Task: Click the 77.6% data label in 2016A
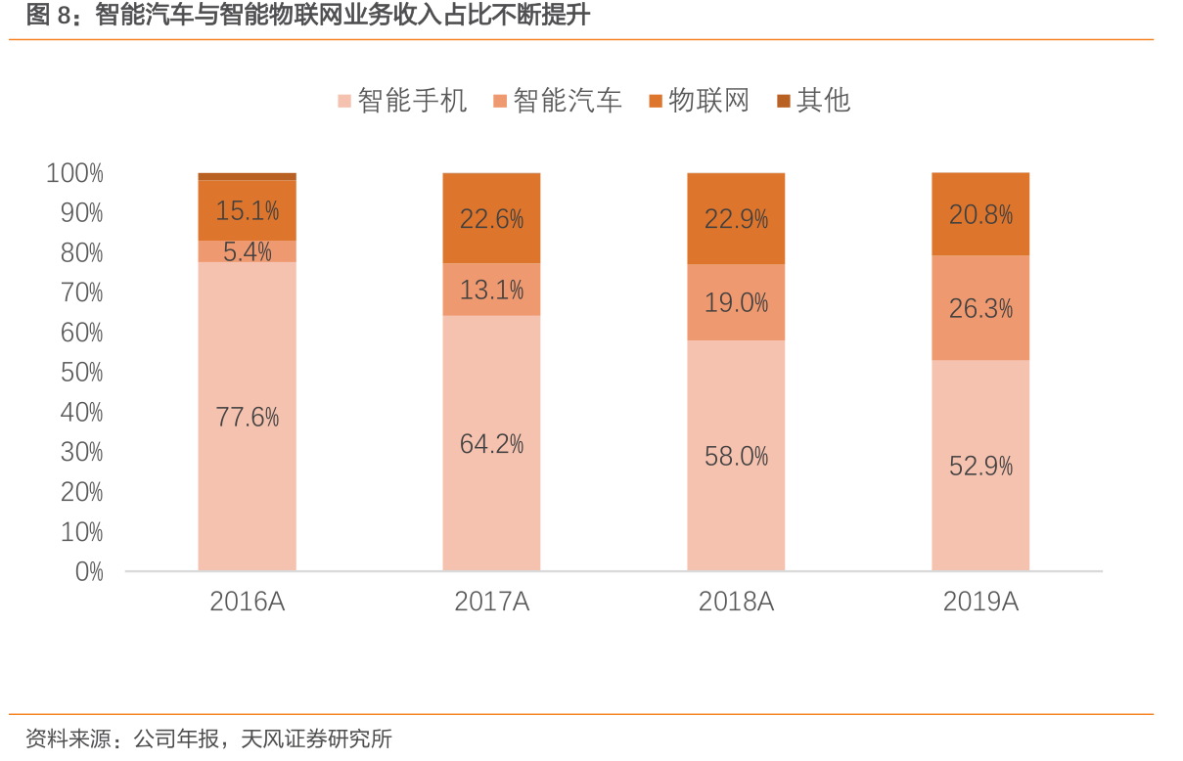(248, 418)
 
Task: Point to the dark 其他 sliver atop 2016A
(248, 177)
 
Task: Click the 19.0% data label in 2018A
(736, 303)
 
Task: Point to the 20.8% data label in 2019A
(980, 214)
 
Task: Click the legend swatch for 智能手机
(344, 101)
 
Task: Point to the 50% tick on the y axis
(82, 373)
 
